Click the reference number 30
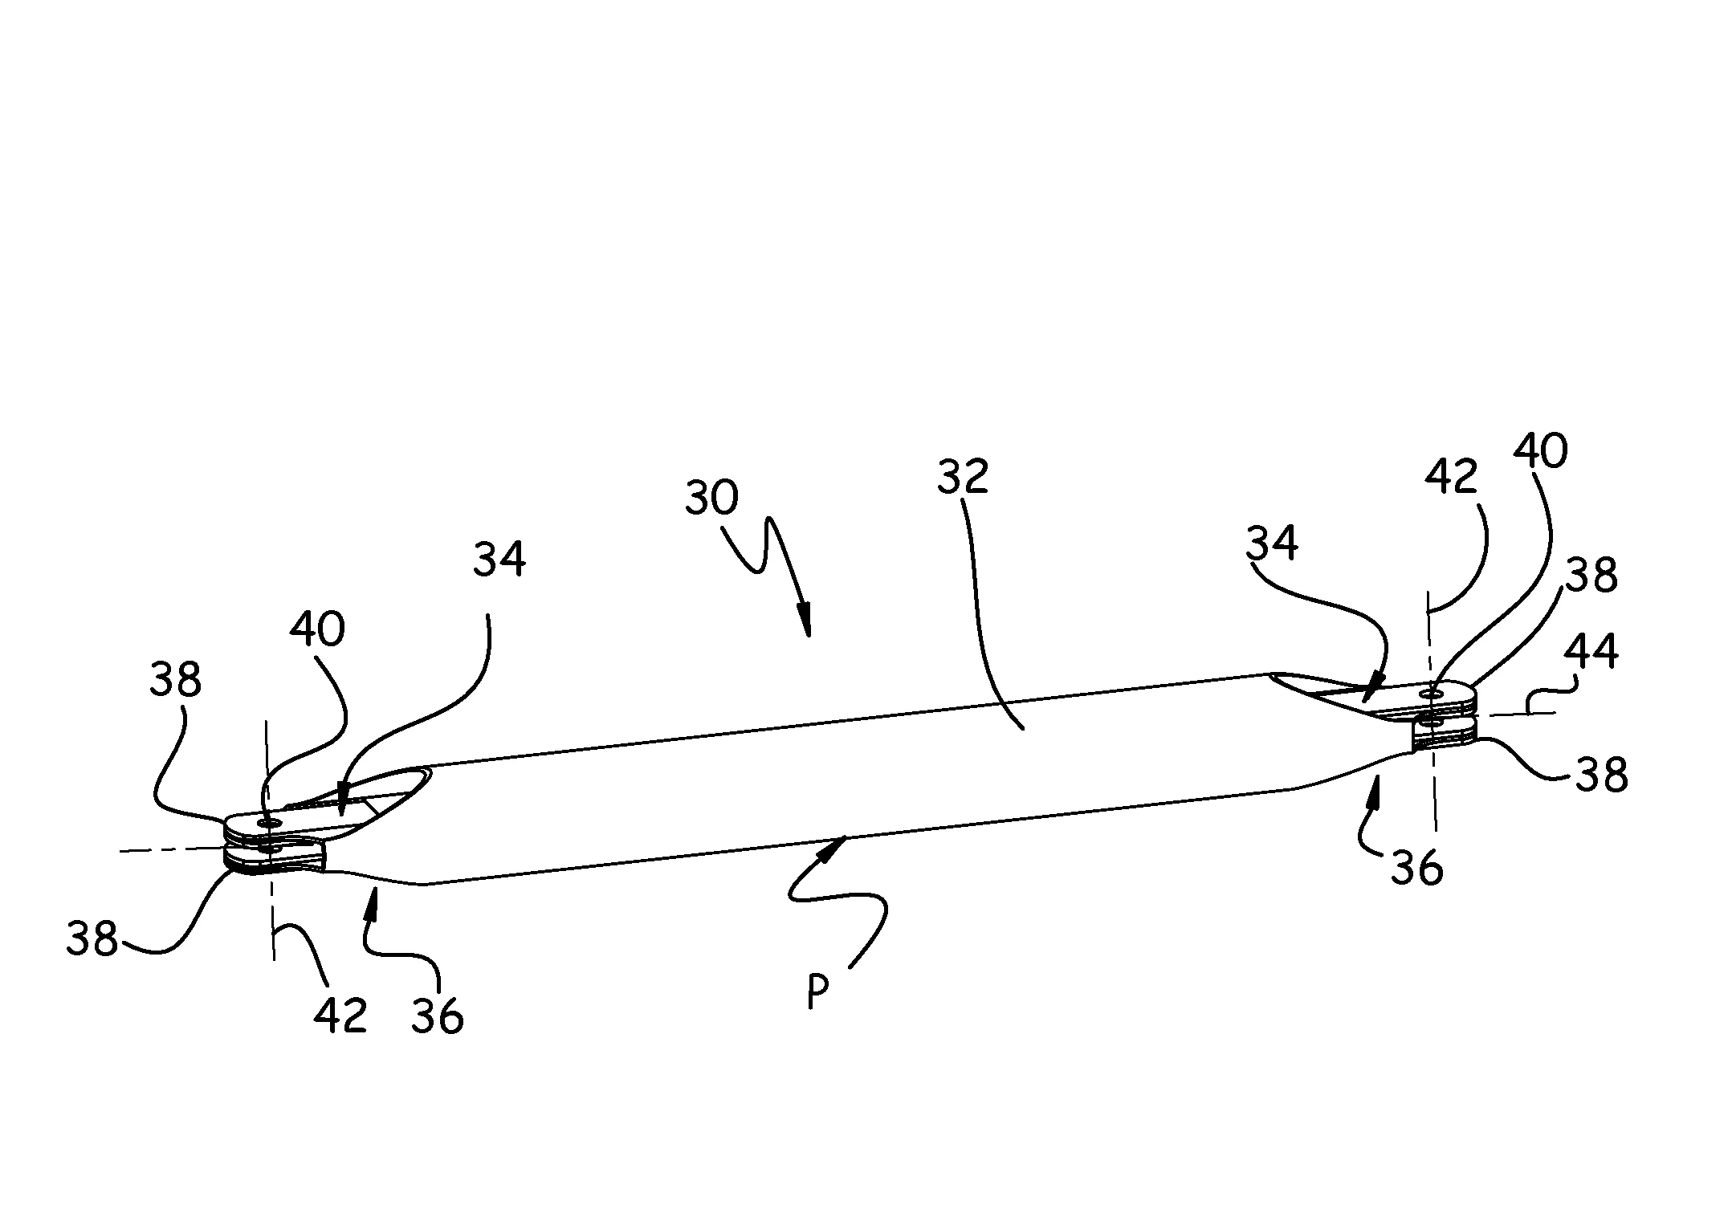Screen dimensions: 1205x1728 tap(711, 499)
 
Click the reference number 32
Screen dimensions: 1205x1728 tap(962, 476)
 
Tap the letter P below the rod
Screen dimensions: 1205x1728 tap(817, 992)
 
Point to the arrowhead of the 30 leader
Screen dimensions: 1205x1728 tap(805, 627)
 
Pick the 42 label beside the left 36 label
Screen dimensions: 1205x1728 tap(340, 1016)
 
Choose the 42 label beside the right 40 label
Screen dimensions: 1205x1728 tap(1452, 478)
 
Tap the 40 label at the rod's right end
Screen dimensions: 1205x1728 tap(1540, 451)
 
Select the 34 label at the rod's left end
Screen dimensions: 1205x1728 tap(499, 560)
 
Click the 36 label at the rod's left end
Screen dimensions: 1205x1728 tap(438, 1017)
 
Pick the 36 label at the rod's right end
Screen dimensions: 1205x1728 tap(1416, 869)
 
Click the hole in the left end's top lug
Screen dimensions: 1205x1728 tap(267, 822)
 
